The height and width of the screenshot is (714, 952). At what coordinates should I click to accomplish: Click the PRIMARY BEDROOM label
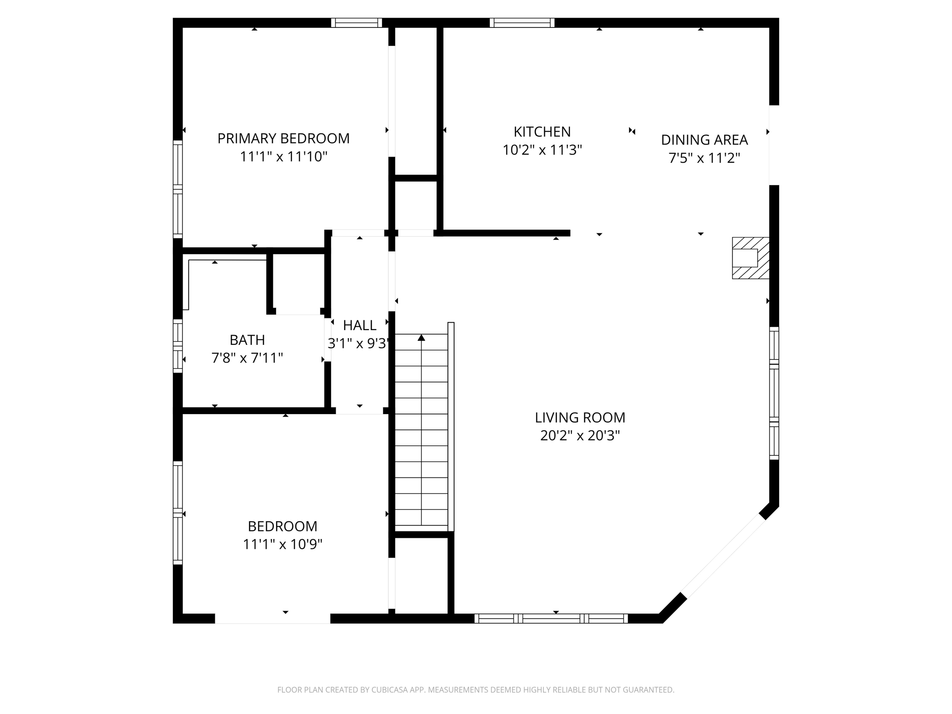click(x=283, y=139)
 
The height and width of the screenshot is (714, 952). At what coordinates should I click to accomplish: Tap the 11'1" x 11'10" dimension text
click(x=283, y=157)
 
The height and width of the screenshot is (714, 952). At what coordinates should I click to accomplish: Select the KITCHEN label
click(x=542, y=132)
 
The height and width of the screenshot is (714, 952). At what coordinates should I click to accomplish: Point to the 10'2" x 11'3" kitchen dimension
click(x=542, y=150)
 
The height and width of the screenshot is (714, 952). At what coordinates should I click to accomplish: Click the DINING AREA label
click(x=704, y=140)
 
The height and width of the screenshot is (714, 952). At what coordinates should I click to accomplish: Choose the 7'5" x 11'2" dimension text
click(x=704, y=158)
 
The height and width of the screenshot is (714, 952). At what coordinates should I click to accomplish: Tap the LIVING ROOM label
click(x=580, y=417)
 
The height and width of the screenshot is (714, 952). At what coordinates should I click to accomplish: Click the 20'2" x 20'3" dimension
click(x=580, y=436)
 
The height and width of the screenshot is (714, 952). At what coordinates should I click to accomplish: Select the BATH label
click(x=247, y=340)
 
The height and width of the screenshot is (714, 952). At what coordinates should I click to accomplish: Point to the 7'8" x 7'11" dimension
click(x=247, y=358)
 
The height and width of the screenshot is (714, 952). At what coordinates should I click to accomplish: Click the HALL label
click(x=359, y=325)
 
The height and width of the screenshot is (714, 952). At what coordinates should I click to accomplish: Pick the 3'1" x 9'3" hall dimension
click(x=358, y=344)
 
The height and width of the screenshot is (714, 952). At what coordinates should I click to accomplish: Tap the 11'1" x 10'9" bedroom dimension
click(x=283, y=544)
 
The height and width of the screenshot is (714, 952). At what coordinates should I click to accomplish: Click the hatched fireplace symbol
click(x=750, y=258)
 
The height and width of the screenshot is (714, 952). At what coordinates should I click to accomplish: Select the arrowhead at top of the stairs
click(x=421, y=337)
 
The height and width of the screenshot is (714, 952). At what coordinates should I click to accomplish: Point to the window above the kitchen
click(x=522, y=23)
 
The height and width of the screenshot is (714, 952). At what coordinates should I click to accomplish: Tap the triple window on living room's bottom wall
click(x=551, y=618)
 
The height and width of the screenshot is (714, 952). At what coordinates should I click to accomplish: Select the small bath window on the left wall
click(x=178, y=346)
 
